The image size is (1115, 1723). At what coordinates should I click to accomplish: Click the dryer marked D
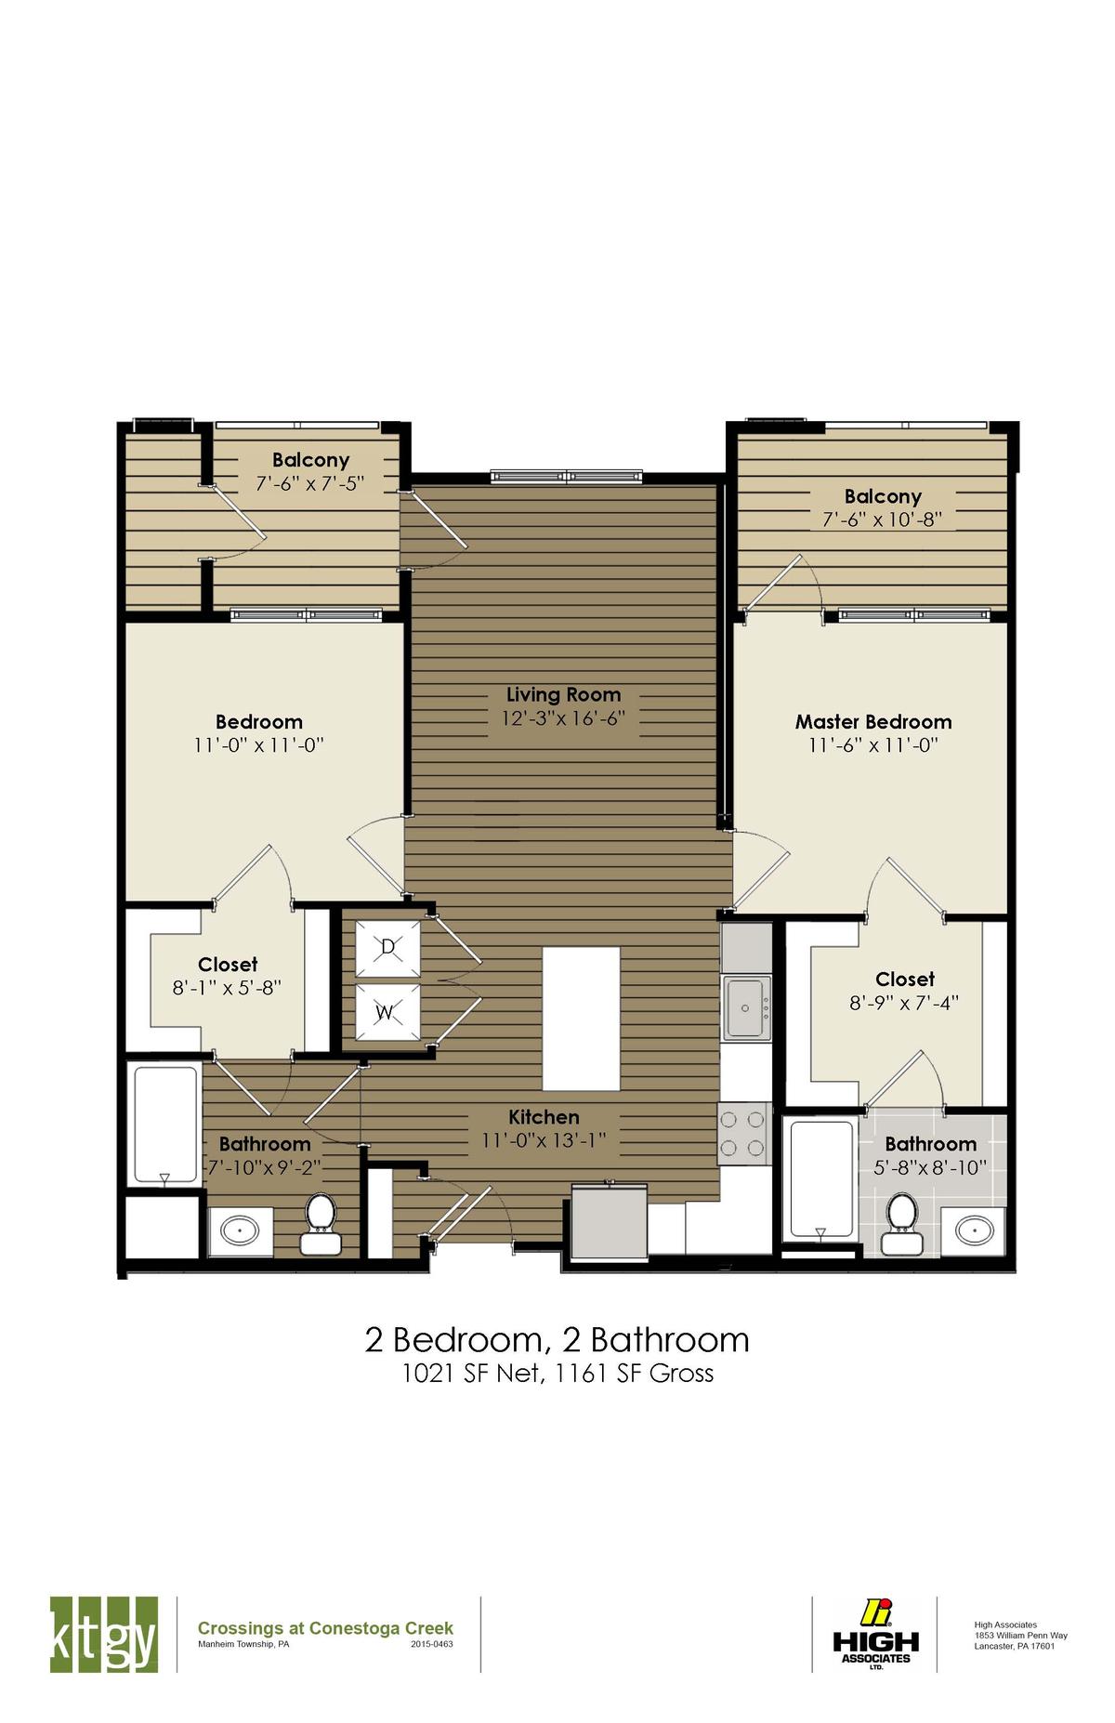(x=387, y=948)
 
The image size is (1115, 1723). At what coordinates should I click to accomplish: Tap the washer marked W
(x=387, y=1012)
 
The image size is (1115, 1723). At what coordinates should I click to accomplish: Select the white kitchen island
(x=581, y=1019)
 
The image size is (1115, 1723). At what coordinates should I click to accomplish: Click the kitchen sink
(x=746, y=1007)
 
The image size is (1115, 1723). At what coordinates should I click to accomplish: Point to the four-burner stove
(x=744, y=1133)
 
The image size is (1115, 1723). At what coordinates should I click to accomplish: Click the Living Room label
(x=563, y=694)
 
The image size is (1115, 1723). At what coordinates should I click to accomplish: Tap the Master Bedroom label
(x=873, y=722)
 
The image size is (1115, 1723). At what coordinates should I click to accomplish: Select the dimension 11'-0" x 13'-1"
(x=544, y=1140)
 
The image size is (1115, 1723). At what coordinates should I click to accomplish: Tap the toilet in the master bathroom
(x=900, y=1222)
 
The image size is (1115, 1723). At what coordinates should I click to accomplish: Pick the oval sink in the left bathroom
(x=241, y=1232)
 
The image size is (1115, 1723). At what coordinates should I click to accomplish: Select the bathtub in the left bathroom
(x=165, y=1124)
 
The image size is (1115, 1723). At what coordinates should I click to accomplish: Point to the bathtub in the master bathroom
(x=821, y=1179)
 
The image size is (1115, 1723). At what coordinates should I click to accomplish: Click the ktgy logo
(x=103, y=1633)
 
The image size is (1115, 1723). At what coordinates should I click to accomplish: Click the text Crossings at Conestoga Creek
(x=325, y=1627)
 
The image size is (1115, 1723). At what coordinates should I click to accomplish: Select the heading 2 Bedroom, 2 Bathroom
(x=557, y=1339)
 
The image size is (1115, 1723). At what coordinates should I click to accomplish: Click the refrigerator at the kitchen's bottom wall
(x=610, y=1221)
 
